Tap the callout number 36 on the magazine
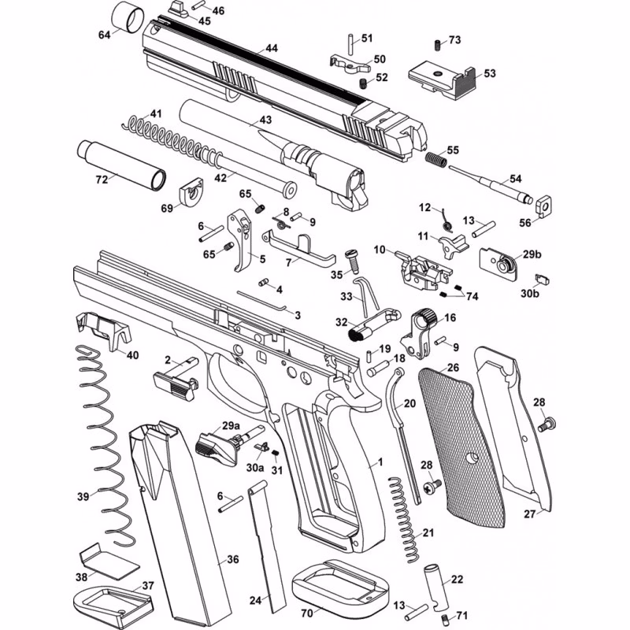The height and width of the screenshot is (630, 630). click(232, 559)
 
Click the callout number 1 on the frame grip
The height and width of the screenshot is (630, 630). click(380, 463)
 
